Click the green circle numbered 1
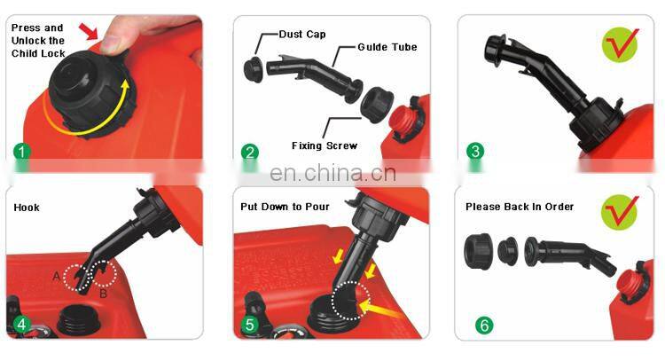coord(21,152)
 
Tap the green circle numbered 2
coord(250,153)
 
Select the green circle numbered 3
coord(475,152)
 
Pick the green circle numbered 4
coord(21,325)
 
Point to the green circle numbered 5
coord(250,325)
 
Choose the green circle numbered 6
coord(484,326)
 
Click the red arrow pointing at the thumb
coord(89,31)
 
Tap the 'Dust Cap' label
coord(302,35)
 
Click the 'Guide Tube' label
coord(387,47)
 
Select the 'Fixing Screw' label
coord(325,146)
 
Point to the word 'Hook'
coord(27,208)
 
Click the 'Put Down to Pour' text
coord(285,207)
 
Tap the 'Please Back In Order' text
coord(520,207)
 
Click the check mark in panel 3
coord(622,43)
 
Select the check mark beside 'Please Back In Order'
coord(621,211)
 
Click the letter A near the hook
coord(57,277)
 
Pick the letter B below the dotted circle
coord(103,294)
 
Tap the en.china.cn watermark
coord(332,173)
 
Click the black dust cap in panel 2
coord(254,68)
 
